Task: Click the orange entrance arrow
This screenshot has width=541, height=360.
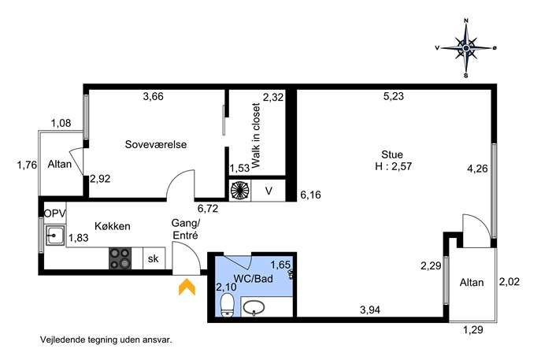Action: tap(187, 288)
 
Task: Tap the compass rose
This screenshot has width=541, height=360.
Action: tap(465, 48)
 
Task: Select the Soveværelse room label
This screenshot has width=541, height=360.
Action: tap(156, 144)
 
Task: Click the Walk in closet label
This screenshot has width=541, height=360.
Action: tap(256, 135)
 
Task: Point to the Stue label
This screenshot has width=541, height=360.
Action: tap(392, 154)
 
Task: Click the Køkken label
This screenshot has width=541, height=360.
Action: tap(113, 226)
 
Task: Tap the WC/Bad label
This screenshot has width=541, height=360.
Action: tap(253, 279)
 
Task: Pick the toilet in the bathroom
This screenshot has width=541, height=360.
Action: tap(227, 305)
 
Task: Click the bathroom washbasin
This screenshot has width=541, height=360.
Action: tap(254, 307)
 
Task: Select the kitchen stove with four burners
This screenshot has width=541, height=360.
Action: tap(120, 258)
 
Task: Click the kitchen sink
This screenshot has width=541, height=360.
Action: tap(55, 236)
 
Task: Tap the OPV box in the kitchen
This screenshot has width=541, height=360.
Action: tap(55, 213)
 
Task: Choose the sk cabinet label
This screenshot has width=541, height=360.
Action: tap(154, 258)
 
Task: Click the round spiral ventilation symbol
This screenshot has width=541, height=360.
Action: tap(239, 190)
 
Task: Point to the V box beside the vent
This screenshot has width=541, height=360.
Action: tap(269, 190)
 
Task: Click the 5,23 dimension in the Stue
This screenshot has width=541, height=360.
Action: tap(393, 96)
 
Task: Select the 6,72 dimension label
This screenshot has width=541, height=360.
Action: tap(208, 209)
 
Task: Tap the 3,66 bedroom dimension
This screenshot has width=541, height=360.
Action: tap(154, 96)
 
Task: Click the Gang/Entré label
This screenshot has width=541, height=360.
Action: tap(186, 229)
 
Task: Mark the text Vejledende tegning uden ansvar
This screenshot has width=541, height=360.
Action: tap(106, 340)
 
